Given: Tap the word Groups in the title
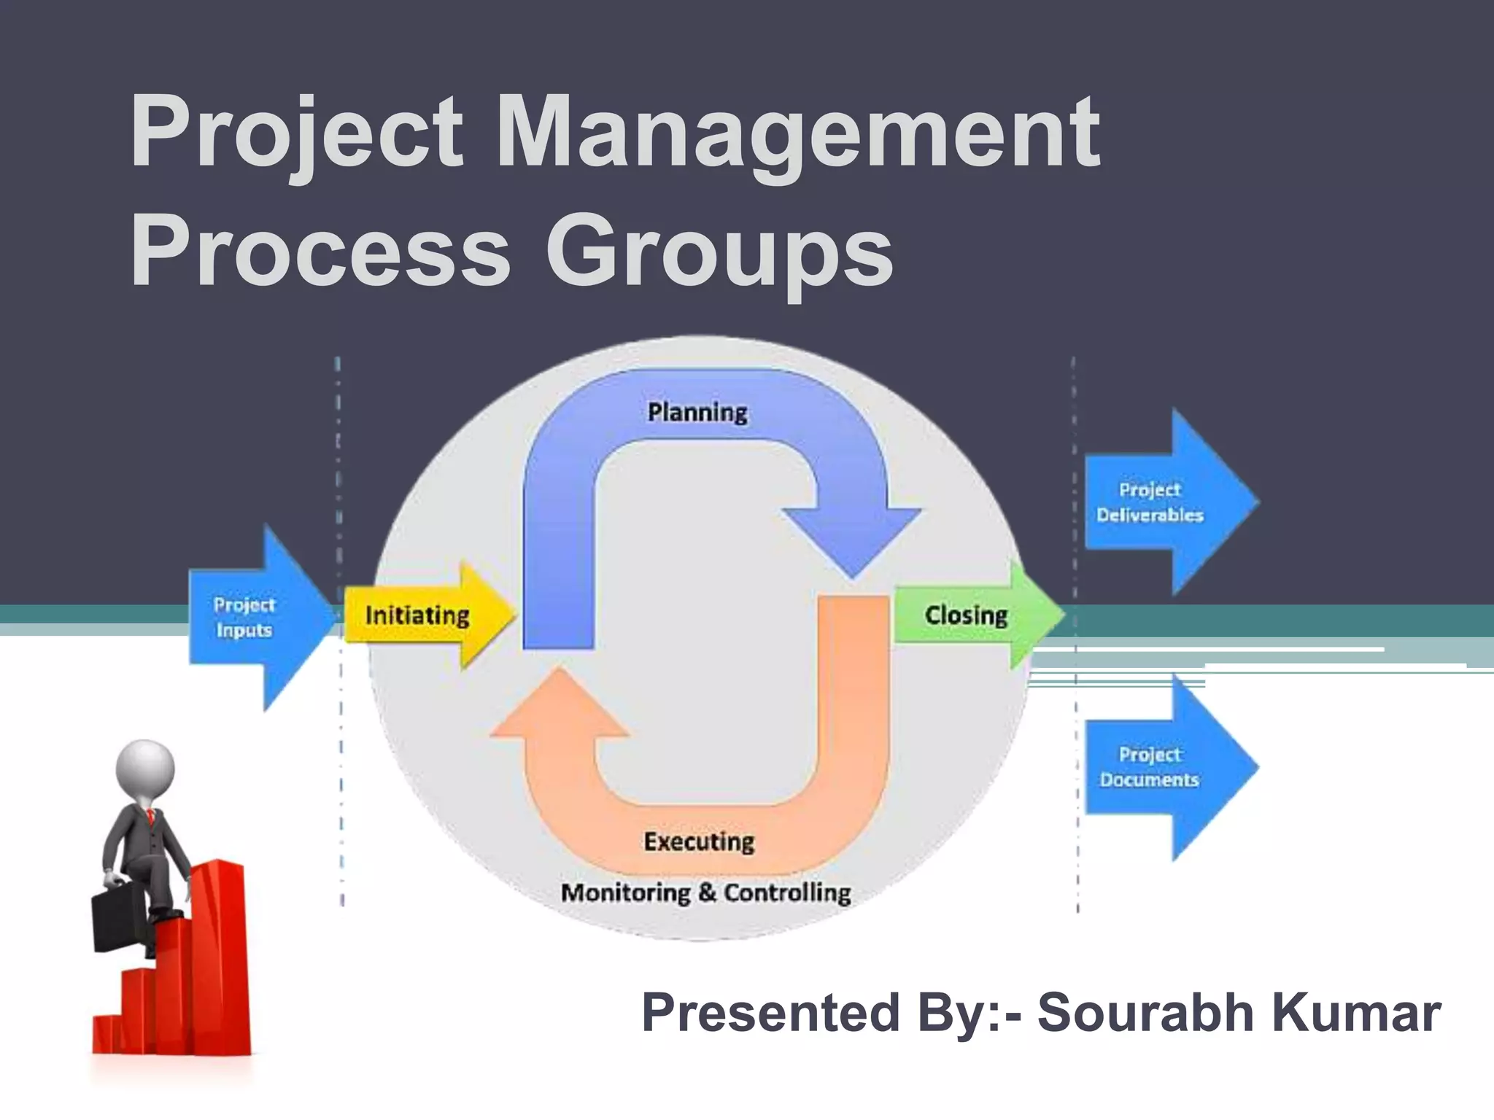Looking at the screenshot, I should tap(719, 252).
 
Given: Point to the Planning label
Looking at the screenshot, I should tap(697, 413).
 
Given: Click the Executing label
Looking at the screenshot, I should tap(699, 842).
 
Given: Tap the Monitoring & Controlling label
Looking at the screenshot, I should tap(705, 892).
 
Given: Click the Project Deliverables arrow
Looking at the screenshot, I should tap(1160, 502).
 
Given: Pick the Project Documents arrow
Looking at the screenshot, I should tap(1160, 767).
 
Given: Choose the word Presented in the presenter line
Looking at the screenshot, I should tap(770, 1013).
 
